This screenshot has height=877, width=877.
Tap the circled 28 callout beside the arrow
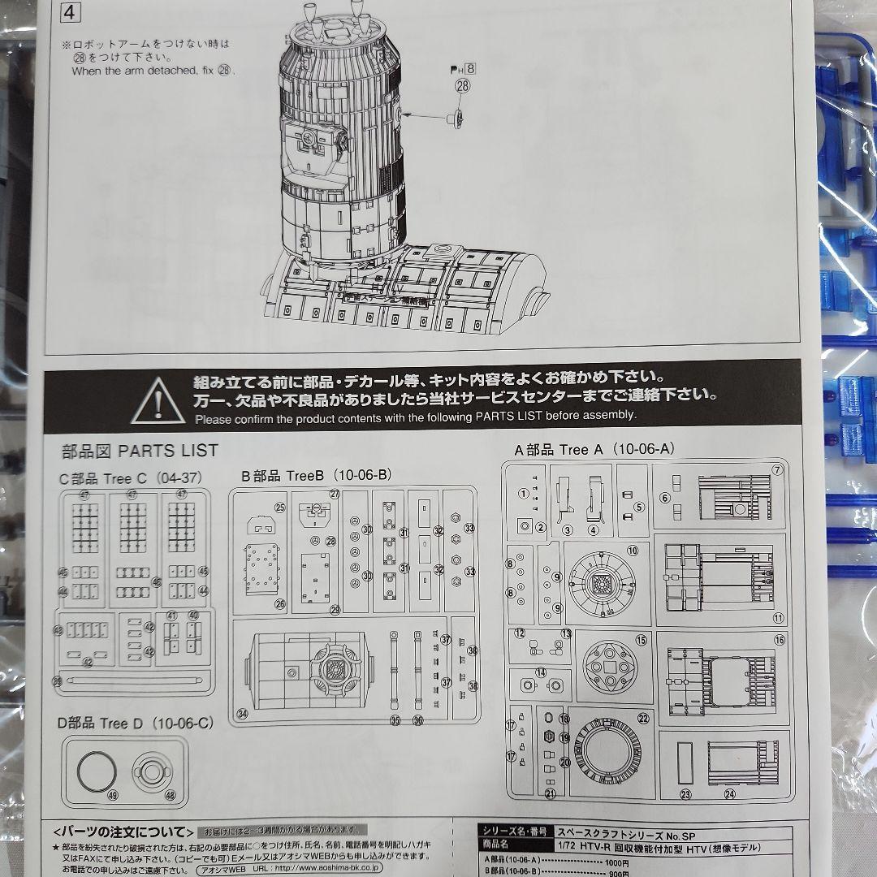click(462, 86)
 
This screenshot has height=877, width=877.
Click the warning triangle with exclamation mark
click(158, 401)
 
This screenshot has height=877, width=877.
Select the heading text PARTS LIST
click(168, 451)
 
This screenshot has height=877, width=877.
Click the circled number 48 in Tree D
click(169, 795)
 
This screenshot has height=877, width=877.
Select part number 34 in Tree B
click(473, 686)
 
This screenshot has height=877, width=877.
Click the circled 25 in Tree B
click(279, 508)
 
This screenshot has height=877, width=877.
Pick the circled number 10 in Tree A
click(632, 550)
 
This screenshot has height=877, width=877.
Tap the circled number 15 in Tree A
click(642, 640)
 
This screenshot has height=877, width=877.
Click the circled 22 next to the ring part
click(643, 718)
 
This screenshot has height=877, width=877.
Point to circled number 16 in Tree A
click(780, 640)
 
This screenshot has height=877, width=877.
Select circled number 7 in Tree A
click(777, 469)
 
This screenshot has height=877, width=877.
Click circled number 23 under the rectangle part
click(686, 794)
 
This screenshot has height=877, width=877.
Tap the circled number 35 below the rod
click(395, 719)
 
